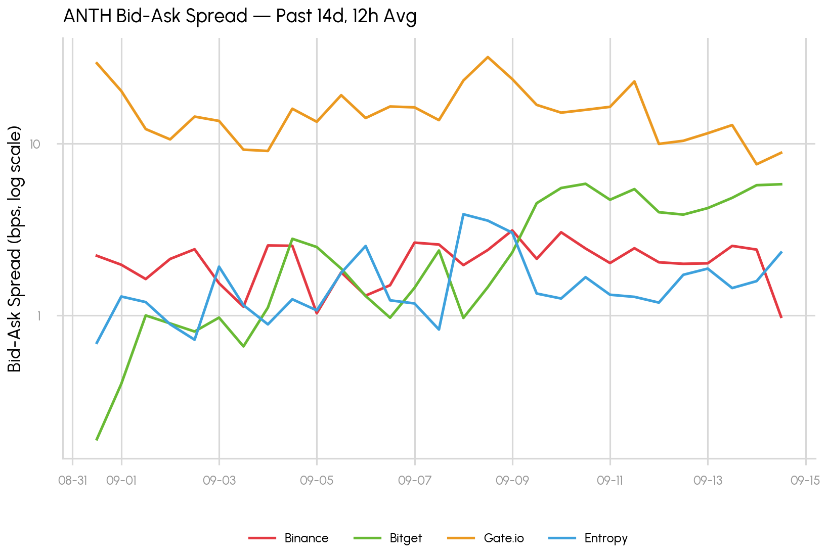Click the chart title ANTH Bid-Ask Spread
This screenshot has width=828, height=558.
(155, 16)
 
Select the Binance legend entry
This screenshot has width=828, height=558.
(288, 538)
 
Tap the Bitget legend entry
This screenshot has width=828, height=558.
(388, 538)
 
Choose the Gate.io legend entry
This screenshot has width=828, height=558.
(486, 538)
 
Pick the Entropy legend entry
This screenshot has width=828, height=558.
(588, 538)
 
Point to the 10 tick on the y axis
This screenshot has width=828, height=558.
(35, 144)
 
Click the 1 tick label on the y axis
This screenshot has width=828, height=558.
(38, 316)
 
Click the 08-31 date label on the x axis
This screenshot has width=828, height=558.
(72, 481)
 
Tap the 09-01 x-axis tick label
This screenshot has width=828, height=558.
(121, 481)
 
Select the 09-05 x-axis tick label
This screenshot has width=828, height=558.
(317, 481)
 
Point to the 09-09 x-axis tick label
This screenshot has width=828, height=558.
(512, 481)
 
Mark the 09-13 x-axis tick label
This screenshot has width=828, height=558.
(708, 481)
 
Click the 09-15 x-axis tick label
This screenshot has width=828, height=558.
(805, 481)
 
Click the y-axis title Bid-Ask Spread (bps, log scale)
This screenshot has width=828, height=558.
(15, 249)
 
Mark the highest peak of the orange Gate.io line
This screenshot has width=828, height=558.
(488, 57)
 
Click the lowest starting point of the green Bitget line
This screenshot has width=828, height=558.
(97, 440)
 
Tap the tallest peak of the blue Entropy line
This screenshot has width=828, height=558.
(463, 214)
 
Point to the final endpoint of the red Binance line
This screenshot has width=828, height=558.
(781, 317)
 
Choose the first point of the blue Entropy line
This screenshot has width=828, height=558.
(97, 343)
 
